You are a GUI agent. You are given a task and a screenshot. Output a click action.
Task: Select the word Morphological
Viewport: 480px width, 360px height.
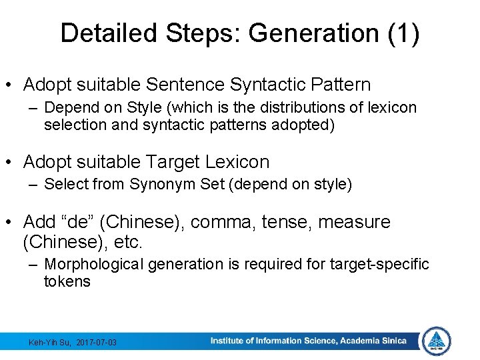[x=93, y=264]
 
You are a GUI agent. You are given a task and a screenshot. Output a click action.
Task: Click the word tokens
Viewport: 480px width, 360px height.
[x=67, y=281]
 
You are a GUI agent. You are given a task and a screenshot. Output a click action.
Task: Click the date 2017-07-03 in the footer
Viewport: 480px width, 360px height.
[x=97, y=343]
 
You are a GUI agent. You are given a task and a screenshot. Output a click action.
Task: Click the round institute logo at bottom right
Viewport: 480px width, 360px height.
[x=437, y=341]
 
